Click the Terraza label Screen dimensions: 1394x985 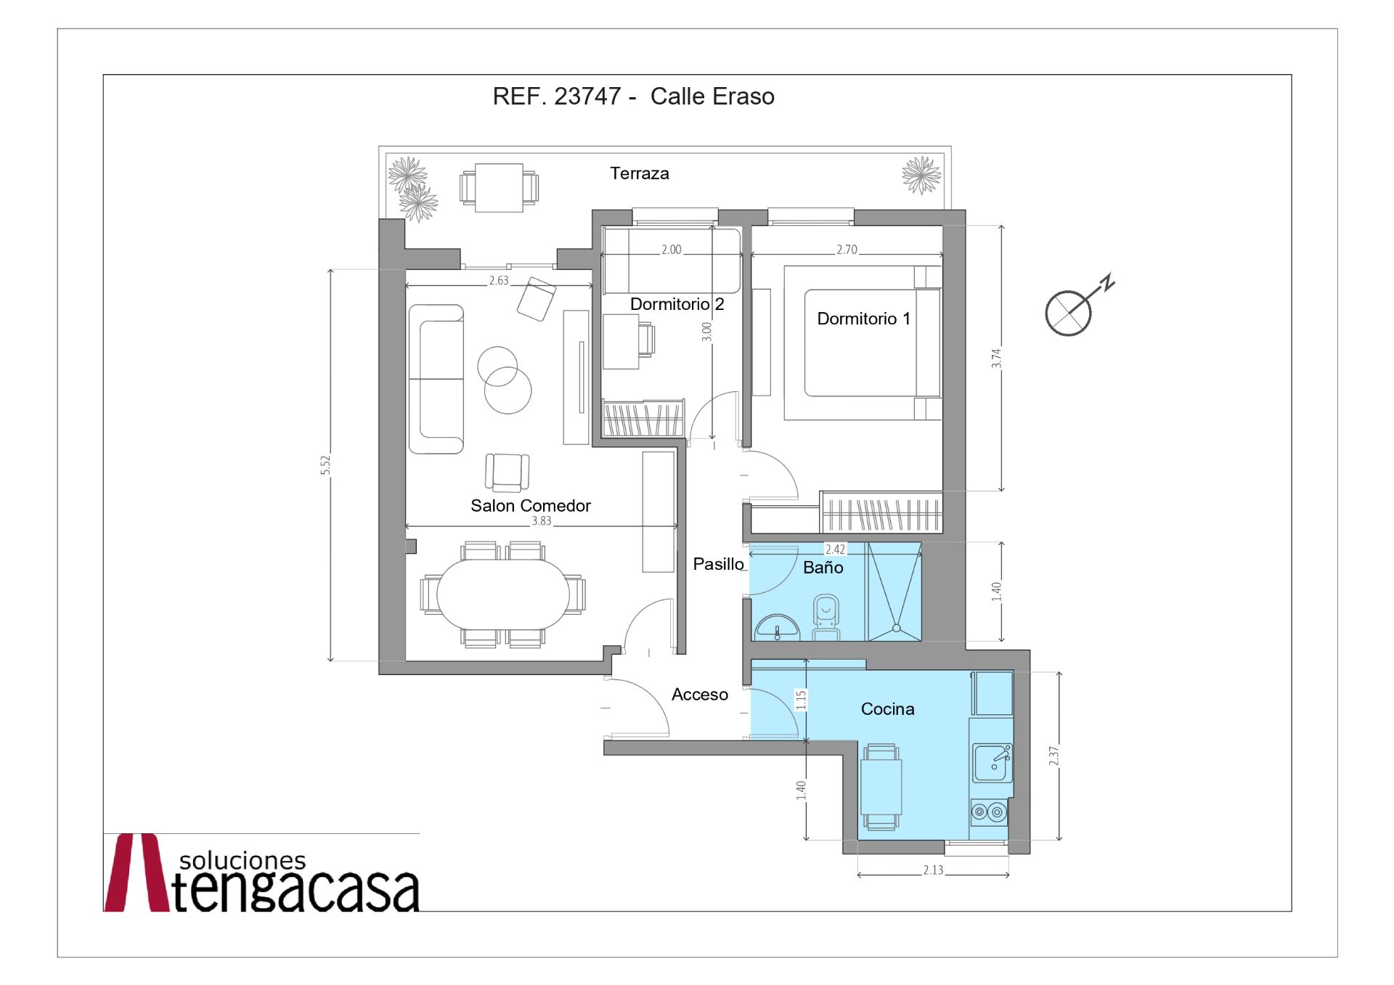[x=639, y=173]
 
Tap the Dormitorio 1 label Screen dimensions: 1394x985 [x=863, y=319]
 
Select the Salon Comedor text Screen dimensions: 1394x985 [x=531, y=506]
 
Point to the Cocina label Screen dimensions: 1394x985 [x=887, y=709]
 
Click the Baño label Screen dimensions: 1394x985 [x=823, y=568]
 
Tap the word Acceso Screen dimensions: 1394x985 [x=700, y=695]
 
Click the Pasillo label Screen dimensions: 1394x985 [x=718, y=564]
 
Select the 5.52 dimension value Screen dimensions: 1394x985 [x=325, y=465]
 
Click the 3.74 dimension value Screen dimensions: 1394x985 [x=996, y=359]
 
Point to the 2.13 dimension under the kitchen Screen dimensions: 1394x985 [x=933, y=870]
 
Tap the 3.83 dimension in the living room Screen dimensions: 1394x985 [x=541, y=520]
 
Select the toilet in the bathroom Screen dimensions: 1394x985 [x=826, y=618]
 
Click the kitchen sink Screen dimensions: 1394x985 [x=992, y=762]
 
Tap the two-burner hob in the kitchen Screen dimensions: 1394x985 [x=989, y=812]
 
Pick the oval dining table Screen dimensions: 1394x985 [x=503, y=594]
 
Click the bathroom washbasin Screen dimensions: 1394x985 [x=777, y=628]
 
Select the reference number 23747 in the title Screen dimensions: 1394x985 [x=587, y=97]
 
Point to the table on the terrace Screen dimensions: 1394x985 [x=499, y=188]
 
